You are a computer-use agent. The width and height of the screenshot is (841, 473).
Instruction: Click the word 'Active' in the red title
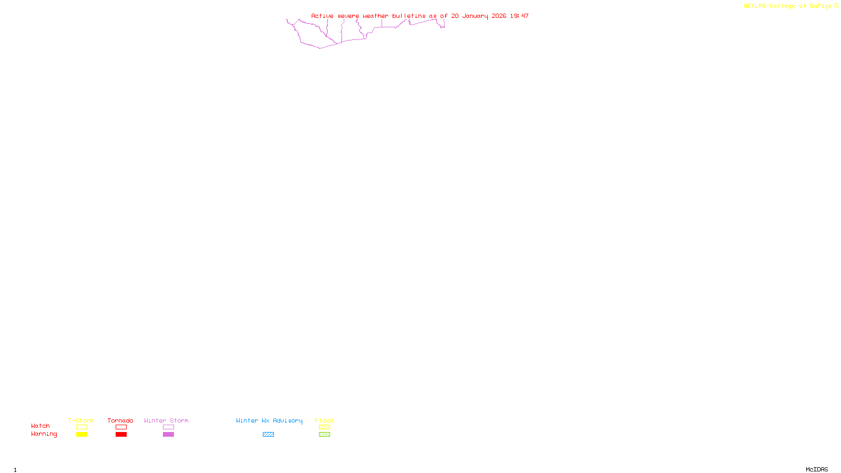(322, 16)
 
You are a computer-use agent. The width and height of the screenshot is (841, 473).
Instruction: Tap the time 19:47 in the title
(519, 16)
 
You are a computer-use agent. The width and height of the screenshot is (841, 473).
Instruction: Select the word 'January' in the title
(475, 16)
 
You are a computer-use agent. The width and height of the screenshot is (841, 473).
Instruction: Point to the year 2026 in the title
(499, 16)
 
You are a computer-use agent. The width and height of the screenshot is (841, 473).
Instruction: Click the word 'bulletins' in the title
(408, 16)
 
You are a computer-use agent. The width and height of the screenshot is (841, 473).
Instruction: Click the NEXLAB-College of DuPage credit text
(787, 6)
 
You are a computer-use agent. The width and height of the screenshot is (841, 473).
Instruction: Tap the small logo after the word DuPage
(836, 6)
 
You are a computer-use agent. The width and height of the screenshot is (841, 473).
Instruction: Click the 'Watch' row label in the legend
(40, 426)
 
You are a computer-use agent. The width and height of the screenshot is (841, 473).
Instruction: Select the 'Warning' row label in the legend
(44, 434)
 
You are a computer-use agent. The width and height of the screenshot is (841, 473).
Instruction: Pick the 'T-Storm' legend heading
(81, 420)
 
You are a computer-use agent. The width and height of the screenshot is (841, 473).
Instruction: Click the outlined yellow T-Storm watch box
(81, 427)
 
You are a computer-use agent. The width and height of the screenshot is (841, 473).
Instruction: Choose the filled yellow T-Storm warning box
(81, 435)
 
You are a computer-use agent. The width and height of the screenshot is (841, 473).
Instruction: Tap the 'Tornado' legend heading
(120, 420)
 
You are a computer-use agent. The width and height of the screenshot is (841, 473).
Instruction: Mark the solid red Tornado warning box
(121, 435)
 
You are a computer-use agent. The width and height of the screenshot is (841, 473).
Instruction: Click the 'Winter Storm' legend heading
(166, 420)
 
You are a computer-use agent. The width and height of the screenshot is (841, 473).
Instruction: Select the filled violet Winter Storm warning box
(168, 435)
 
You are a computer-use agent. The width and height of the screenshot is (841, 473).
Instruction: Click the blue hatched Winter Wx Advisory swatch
(268, 435)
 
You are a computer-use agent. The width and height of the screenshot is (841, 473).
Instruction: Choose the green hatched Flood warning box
(324, 435)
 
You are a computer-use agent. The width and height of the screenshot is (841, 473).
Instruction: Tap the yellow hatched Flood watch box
(324, 427)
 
